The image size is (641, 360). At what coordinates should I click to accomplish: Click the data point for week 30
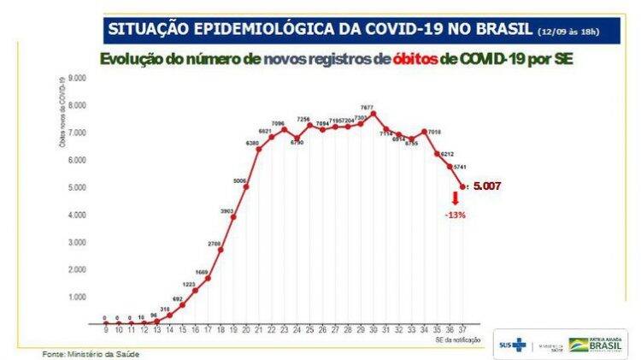point(373,114)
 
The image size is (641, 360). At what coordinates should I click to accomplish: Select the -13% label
point(455,215)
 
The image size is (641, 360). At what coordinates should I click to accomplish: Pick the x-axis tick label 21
point(258,329)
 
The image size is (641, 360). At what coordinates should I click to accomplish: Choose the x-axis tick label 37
point(462,329)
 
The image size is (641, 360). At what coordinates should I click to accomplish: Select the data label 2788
point(214,244)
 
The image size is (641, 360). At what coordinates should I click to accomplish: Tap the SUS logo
point(515,345)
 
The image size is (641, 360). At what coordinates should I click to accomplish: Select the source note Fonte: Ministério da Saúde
point(91,353)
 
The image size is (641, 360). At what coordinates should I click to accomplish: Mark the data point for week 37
point(463,186)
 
